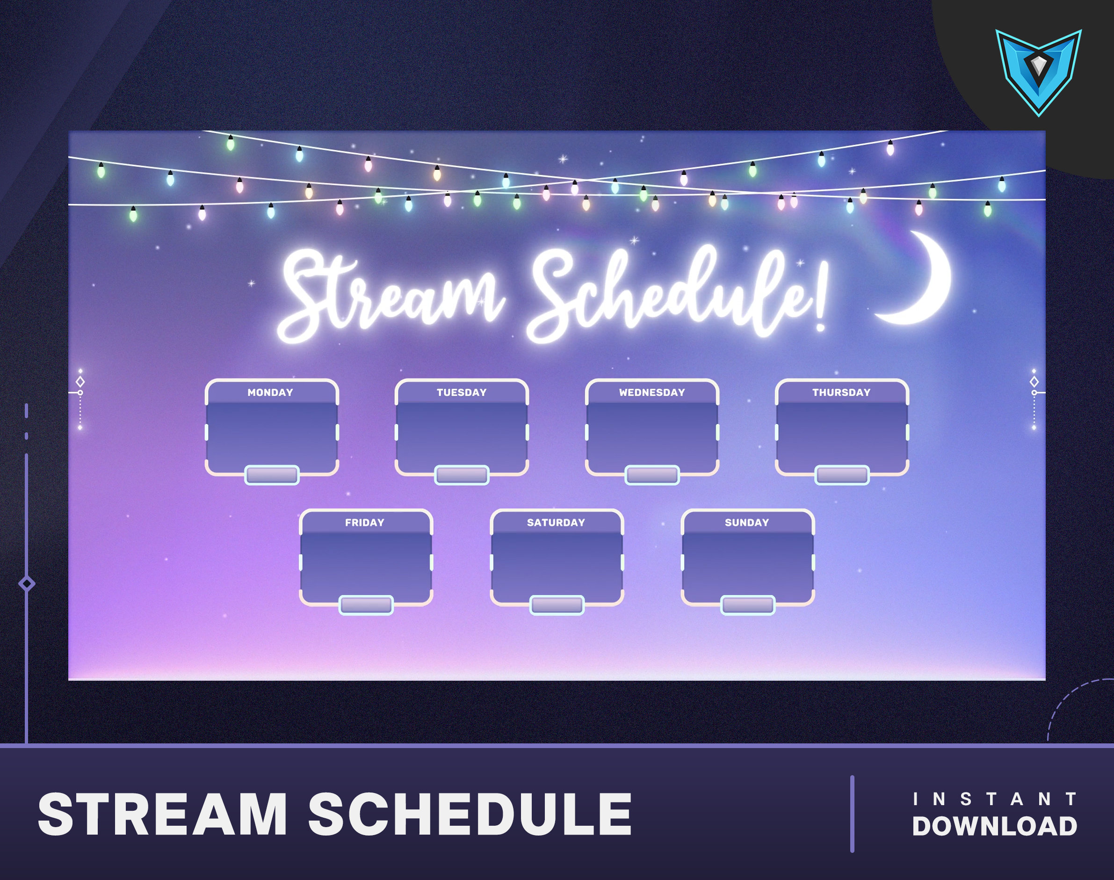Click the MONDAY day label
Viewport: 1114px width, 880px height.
(x=270, y=393)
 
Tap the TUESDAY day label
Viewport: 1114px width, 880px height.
(x=462, y=393)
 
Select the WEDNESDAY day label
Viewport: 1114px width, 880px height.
(x=652, y=393)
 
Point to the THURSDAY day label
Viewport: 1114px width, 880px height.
(x=841, y=393)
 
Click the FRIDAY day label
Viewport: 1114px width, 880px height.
(x=365, y=523)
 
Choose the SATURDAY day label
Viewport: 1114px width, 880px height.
(x=556, y=523)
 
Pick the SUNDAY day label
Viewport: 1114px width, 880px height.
(x=747, y=523)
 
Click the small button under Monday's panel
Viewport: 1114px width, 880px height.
(x=272, y=475)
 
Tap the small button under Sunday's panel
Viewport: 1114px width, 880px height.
(x=748, y=605)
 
